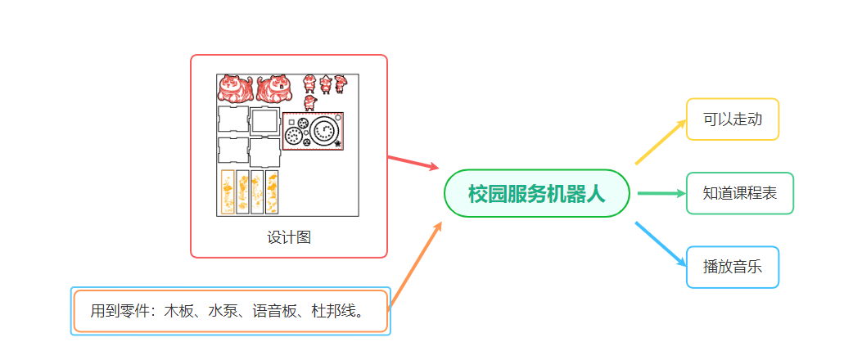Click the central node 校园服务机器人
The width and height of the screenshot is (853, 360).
click(537, 194)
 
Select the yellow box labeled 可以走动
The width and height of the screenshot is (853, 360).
click(732, 119)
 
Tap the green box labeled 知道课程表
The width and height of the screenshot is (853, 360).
click(739, 194)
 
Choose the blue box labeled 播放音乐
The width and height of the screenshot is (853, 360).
click(732, 267)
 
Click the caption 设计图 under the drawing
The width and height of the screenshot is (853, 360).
click(289, 237)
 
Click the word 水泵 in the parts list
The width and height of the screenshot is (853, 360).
click(223, 311)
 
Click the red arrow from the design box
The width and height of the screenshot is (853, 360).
click(413, 163)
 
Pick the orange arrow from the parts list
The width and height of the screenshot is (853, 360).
click(416, 265)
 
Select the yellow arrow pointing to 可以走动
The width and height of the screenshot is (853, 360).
click(661, 142)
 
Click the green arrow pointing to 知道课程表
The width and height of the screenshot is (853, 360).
click(661, 194)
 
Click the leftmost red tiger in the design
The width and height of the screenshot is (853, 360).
click(236, 89)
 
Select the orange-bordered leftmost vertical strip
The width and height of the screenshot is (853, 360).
click(228, 192)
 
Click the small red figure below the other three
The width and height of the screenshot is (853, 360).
click(309, 102)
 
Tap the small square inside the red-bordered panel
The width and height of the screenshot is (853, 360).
click(291, 123)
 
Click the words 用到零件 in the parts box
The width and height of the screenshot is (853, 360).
click(120, 311)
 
